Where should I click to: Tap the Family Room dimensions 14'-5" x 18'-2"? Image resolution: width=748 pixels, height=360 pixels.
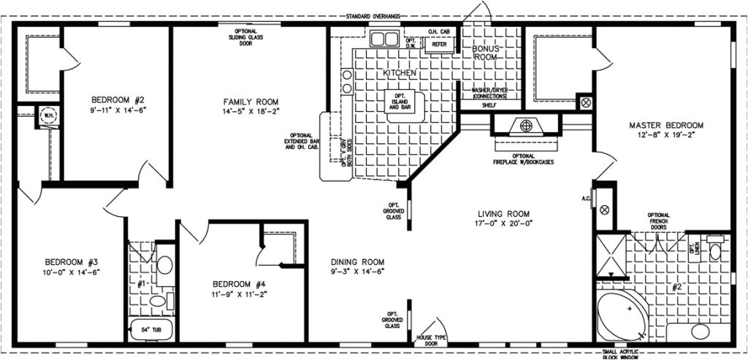pyautogui.click(x=251, y=111)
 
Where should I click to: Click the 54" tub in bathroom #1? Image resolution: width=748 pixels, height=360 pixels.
pyautogui.click(x=152, y=330)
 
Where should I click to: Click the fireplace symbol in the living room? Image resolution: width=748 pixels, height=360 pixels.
pyautogui.click(x=525, y=125)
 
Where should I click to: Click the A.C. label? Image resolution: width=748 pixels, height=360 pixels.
pyautogui.click(x=587, y=197)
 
